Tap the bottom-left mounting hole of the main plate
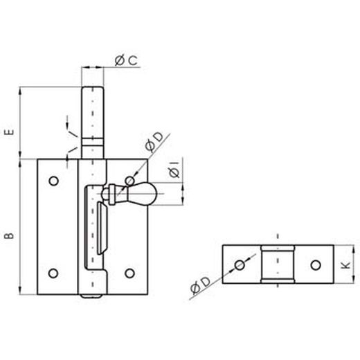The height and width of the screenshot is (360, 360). pos(53,271)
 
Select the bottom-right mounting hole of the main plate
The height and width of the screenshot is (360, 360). pos(128,271)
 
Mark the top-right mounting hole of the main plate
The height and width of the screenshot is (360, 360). pos(128,181)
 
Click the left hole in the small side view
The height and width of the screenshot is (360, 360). pos(240,264)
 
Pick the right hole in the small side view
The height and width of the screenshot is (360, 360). pos(315,264)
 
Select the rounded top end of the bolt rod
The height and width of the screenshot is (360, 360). pos(94,87)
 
